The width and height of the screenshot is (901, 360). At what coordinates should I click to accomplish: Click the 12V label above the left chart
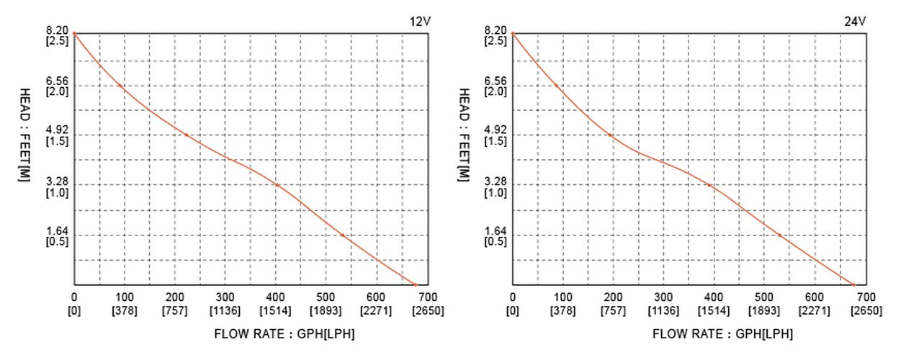419,21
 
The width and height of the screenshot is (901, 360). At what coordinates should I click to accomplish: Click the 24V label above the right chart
855,21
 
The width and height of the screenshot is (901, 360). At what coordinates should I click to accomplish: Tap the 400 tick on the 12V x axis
276,297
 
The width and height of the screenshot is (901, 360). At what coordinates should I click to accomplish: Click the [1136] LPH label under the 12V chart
225,310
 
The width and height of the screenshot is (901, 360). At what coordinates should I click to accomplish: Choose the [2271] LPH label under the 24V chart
815,310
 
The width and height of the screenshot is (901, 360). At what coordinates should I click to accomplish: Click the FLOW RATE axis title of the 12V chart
284,334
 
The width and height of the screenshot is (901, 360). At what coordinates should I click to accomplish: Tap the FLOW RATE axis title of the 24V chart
722,334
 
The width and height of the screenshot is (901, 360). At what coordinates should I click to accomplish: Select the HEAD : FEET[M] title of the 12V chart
24,135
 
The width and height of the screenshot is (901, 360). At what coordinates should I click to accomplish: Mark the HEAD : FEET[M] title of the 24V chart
464,135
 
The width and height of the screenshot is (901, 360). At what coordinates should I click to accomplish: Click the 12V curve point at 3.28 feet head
277,185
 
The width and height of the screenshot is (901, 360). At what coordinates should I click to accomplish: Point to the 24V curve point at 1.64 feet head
779,235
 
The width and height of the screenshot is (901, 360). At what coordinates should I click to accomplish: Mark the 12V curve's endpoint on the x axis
415,285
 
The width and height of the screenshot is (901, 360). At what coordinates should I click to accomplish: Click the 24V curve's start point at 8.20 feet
513,33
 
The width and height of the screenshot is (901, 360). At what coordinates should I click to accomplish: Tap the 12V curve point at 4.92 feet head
186,135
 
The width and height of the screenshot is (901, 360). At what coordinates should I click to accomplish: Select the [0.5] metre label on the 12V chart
57,241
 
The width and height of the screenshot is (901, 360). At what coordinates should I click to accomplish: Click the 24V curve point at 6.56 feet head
557,86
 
